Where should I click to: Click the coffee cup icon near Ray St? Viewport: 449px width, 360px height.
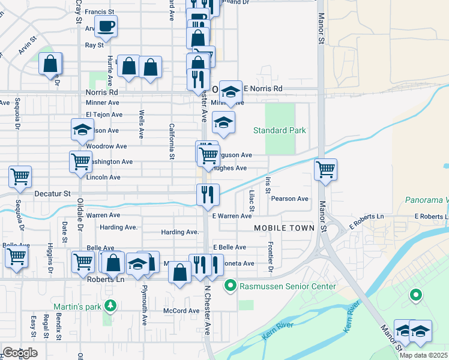(106, 26)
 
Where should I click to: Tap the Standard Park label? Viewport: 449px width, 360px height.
(279, 130)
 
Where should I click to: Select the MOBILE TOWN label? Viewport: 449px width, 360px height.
(284, 228)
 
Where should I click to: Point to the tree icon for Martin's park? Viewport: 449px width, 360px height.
(110, 307)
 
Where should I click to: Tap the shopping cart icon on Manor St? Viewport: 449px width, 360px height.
(325, 169)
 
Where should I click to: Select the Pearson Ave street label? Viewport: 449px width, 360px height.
(289, 199)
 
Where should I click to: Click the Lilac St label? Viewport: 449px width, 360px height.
(252, 201)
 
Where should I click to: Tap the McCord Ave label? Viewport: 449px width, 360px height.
(181, 311)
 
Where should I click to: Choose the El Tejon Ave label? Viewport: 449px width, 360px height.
(104, 115)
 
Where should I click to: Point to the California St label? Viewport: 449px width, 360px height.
(172, 142)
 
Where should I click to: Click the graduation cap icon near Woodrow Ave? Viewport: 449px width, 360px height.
(82, 130)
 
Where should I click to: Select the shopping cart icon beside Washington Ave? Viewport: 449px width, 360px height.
(81, 161)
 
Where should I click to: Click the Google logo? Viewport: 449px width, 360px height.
(20, 353)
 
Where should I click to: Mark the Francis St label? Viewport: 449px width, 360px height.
(100, 12)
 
